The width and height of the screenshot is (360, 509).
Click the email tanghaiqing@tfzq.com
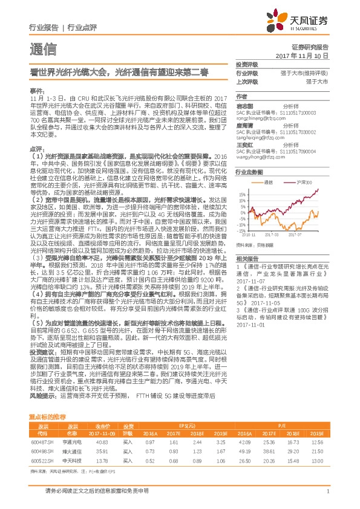pos(258,139)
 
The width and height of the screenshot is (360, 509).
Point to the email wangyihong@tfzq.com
pos(258,157)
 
